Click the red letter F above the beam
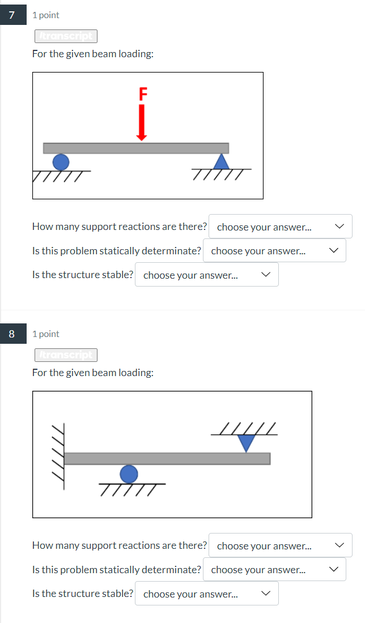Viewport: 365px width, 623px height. (142, 93)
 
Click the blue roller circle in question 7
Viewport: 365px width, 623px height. (61, 162)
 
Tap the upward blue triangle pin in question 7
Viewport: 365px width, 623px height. (221, 161)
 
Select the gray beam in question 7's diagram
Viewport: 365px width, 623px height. (136, 148)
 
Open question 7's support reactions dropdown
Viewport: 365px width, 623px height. (281, 227)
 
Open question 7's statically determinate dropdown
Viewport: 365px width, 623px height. (274, 251)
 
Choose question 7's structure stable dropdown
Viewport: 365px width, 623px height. (207, 275)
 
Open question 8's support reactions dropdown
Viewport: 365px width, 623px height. (281, 545)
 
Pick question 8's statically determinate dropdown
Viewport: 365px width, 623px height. (274, 570)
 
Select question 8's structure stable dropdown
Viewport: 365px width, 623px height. (207, 594)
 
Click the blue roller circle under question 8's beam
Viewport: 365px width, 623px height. (129, 473)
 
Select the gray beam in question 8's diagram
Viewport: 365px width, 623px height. (167, 458)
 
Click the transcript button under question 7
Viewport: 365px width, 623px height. (66, 36)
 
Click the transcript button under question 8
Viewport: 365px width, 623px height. (66, 355)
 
